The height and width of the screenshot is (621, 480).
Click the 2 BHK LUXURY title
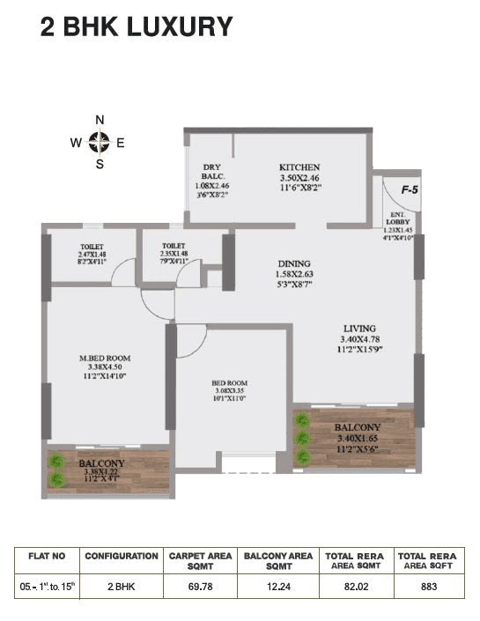[137, 27]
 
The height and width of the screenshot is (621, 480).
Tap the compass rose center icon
[100, 141]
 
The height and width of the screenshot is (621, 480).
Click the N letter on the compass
[100, 121]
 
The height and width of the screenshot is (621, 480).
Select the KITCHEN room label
[299, 167]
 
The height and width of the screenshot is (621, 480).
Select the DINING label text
[293, 263]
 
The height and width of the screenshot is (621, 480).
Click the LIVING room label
[358, 326]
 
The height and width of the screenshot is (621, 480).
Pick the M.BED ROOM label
[106, 359]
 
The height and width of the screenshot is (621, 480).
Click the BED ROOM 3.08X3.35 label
[229, 383]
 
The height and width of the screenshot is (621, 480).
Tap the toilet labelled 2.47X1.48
[92, 248]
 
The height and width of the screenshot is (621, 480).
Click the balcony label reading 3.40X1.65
[358, 428]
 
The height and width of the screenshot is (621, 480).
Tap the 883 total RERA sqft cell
[427, 584]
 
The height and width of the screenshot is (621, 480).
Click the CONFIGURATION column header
[121, 557]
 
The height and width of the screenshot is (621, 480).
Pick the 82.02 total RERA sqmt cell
[354, 584]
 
